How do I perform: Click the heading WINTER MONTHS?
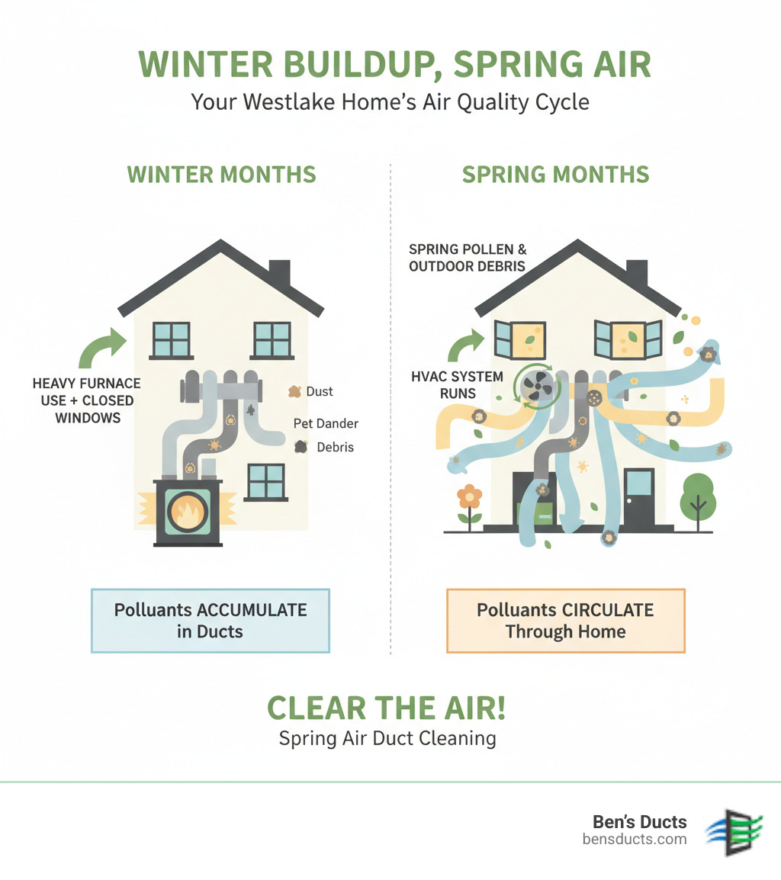coord(221,174)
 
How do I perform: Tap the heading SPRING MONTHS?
coord(555,174)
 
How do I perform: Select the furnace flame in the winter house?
coord(188,511)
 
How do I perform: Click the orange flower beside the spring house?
coord(470,498)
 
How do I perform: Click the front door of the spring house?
coord(638,496)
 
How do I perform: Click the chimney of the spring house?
coord(637,273)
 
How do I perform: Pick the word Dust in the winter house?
coord(319,391)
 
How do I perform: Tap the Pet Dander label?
coord(326,423)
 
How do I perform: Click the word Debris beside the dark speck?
coord(335,447)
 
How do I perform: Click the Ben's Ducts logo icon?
coord(735,830)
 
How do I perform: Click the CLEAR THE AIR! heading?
coord(386,708)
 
